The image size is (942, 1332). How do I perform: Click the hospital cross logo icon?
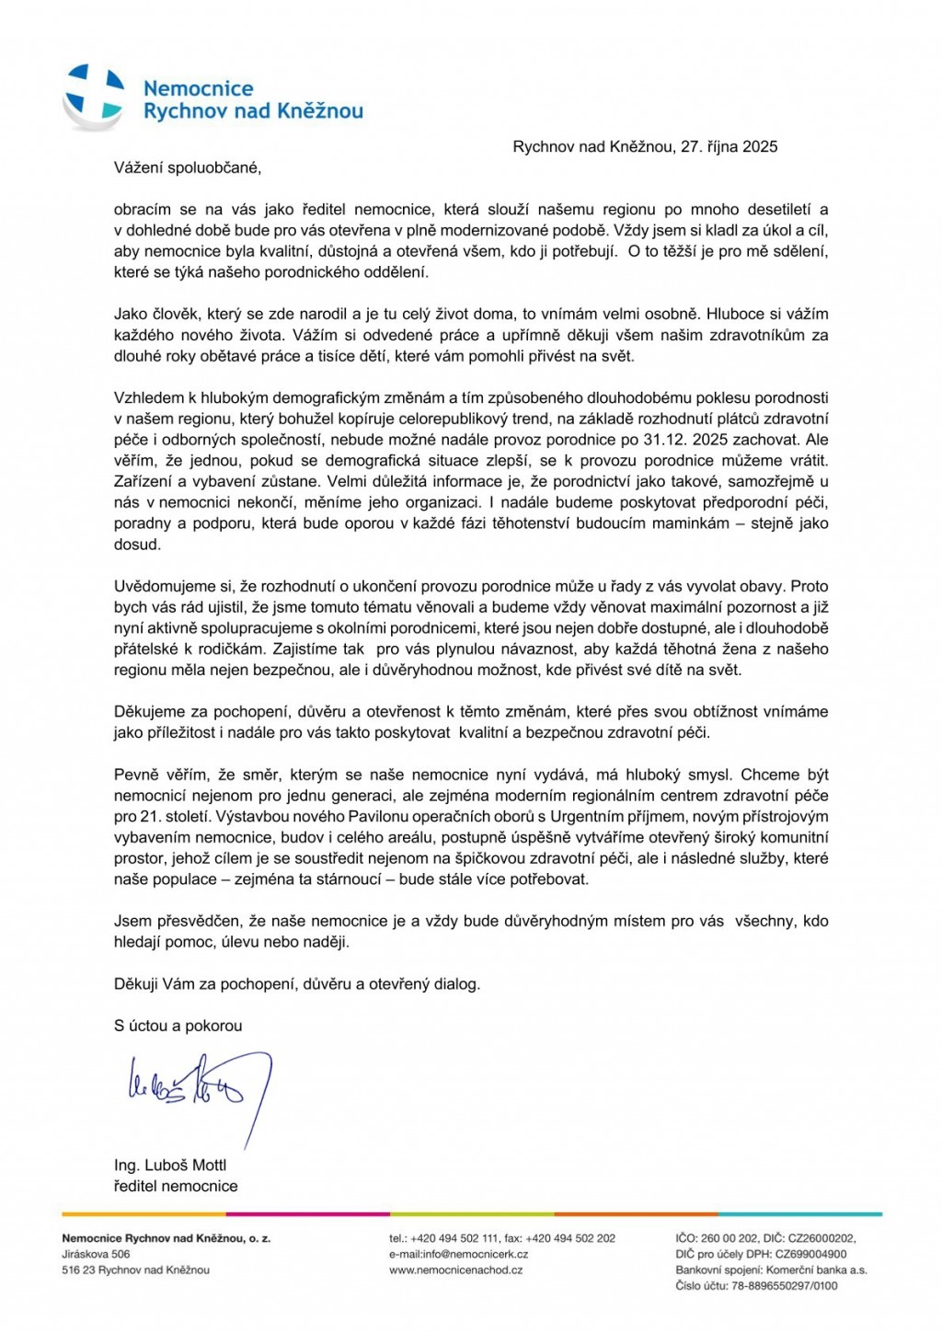pyautogui.click(x=94, y=96)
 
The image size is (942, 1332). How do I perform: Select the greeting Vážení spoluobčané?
pyautogui.click(x=188, y=167)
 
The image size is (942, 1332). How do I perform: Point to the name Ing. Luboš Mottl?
pyautogui.click(x=170, y=1165)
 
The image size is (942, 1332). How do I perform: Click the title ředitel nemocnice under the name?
pyautogui.click(x=176, y=1186)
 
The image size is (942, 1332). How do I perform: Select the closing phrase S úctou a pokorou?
pyautogui.click(x=178, y=1025)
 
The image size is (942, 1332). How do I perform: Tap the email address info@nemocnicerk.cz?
pyautogui.click(x=475, y=1254)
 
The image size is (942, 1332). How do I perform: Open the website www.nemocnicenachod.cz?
pyautogui.click(x=455, y=1269)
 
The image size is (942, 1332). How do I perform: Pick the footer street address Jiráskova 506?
pyautogui.click(x=97, y=1254)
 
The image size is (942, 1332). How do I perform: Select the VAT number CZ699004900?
pyautogui.click(x=810, y=1254)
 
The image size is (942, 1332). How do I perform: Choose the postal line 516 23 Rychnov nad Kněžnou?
pyautogui.click(x=136, y=1269)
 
